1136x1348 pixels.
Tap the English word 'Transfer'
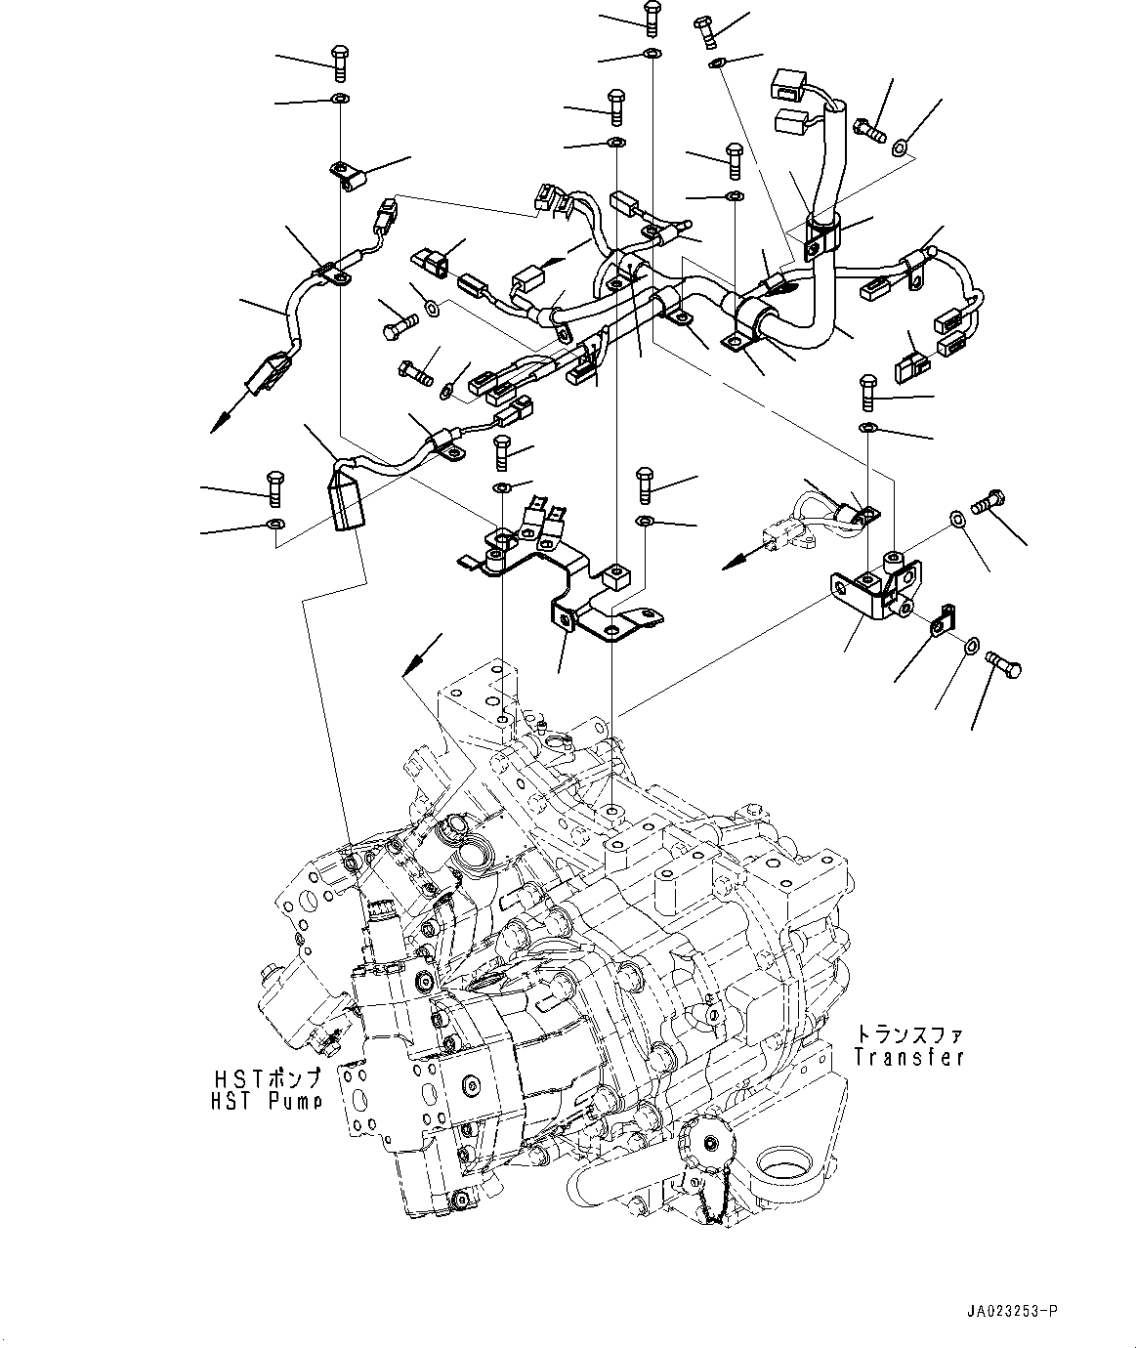[908, 1057]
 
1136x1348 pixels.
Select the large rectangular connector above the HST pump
[347, 500]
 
